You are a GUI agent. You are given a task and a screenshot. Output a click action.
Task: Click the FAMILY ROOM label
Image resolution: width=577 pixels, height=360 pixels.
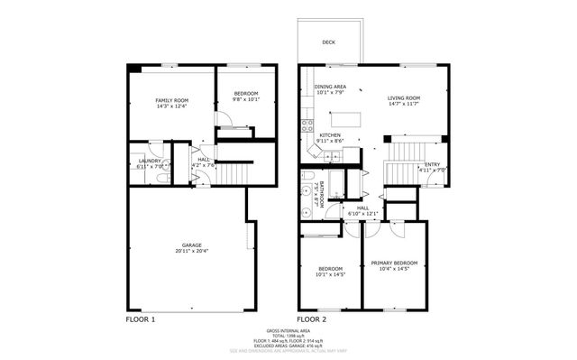(x=171, y=99)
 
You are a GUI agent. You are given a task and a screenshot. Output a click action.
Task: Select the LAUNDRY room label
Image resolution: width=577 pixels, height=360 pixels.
(x=150, y=161)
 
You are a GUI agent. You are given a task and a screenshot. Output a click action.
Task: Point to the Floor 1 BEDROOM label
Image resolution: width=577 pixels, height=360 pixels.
(x=246, y=94)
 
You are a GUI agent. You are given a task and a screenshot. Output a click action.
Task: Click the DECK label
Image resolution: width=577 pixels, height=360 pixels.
(x=330, y=42)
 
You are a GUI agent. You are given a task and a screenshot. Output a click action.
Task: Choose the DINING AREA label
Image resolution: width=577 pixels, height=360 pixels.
(x=330, y=87)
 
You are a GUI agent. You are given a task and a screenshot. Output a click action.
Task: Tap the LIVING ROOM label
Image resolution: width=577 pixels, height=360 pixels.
(x=404, y=98)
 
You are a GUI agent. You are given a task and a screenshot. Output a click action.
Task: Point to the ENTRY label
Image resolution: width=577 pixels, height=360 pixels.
(x=432, y=164)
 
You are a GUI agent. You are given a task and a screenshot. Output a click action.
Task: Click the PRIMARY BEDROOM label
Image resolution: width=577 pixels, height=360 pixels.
(x=394, y=263)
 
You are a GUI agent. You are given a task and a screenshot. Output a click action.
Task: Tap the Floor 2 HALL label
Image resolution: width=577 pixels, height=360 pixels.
(x=363, y=208)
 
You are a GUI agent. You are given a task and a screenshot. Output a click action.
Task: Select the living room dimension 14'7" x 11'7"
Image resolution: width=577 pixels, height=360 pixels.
(x=404, y=104)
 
